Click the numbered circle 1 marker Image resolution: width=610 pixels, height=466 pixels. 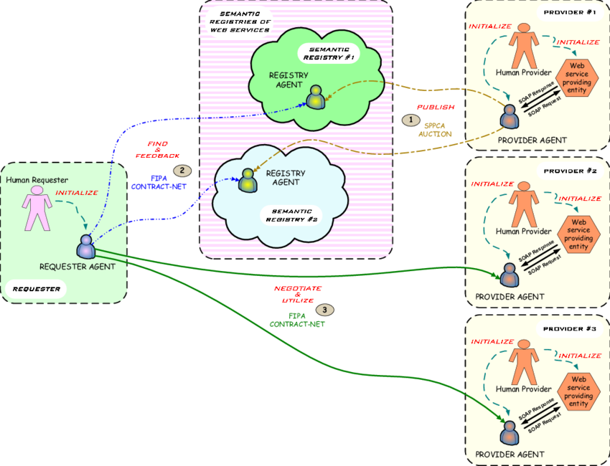pyautogui.click(x=410, y=120)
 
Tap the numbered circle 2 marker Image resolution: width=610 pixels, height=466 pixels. pyautogui.click(x=183, y=171)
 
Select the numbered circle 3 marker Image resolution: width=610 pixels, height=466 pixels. pyautogui.click(x=325, y=310)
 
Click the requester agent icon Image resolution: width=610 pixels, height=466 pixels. pyautogui.click(x=86, y=247)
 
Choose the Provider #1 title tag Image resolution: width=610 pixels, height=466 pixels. pyautogui.click(x=570, y=13)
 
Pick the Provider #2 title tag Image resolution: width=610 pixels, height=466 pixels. pyautogui.click(x=570, y=171)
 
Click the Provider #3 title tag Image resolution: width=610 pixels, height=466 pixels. pyautogui.click(x=570, y=328)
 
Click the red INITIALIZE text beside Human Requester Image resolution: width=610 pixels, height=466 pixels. pyautogui.click(x=77, y=193)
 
